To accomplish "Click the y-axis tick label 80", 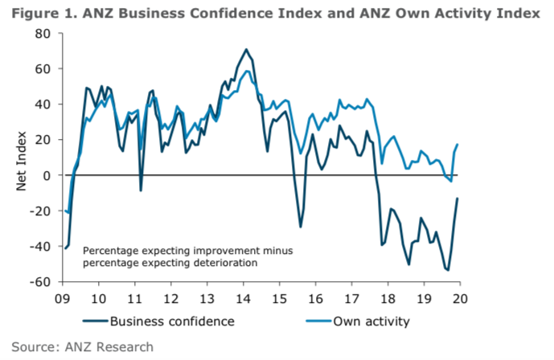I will (x=43, y=34).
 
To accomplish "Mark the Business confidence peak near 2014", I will (x=247, y=50).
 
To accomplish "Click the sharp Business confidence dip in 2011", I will (x=141, y=190).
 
